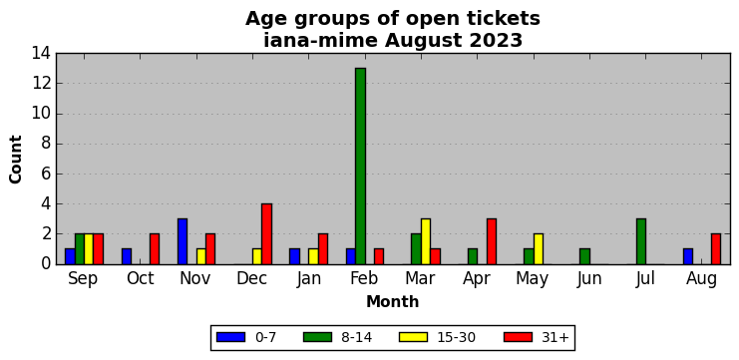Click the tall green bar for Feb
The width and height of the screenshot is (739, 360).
(361, 166)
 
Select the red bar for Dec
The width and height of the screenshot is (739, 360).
(267, 233)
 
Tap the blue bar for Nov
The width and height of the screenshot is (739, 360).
(183, 241)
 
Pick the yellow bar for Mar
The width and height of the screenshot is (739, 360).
(426, 241)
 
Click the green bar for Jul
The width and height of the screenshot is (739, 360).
(641, 241)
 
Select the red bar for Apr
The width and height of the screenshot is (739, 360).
(492, 241)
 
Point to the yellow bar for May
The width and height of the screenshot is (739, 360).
(539, 248)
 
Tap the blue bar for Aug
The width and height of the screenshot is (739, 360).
(688, 256)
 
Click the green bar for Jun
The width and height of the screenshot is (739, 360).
(584, 256)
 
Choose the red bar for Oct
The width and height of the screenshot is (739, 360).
(155, 248)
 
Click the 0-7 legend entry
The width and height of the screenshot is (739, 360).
(246, 337)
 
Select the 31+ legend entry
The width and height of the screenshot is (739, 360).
(537, 337)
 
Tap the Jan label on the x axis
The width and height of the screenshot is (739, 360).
(309, 279)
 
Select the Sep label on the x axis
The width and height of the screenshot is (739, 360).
(84, 279)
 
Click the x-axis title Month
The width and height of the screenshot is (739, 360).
(393, 301)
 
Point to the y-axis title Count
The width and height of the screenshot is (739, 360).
(16, 160)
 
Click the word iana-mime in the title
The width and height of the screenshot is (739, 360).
(320, 41)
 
